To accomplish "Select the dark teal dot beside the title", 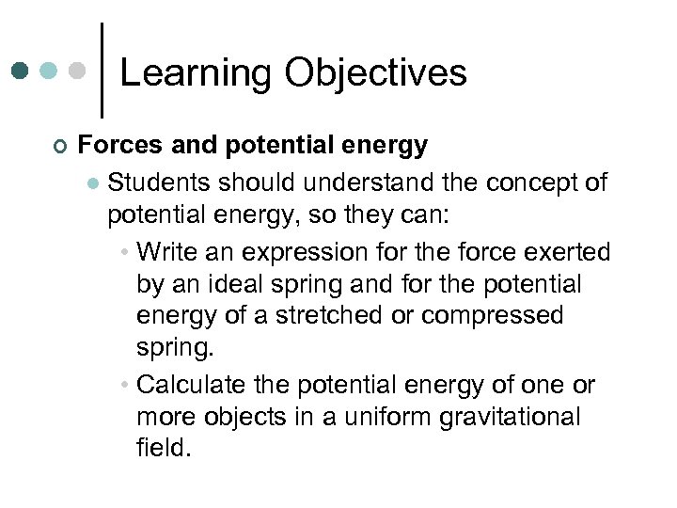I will [21, 71].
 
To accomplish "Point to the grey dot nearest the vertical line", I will [79, 71].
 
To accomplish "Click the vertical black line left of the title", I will [102, 71].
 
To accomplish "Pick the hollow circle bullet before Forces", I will [59, 147].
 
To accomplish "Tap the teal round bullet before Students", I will [93, 183].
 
